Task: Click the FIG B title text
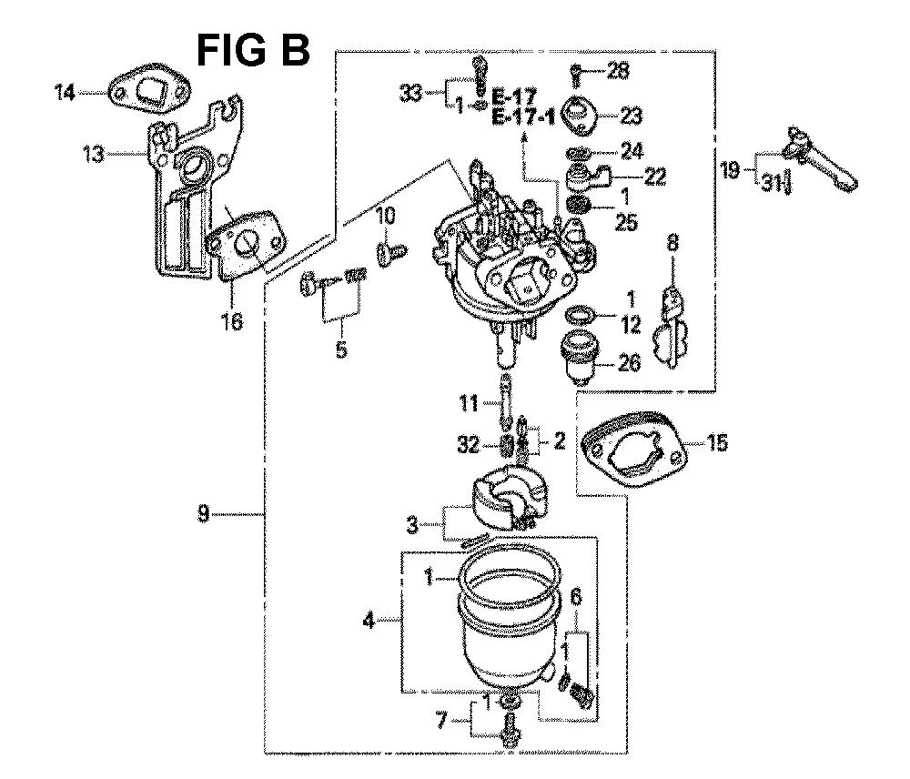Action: pyautogui.click(x=253, y=50)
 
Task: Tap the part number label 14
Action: pyautogui.click(x=65, y=92)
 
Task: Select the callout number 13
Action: pyautogui.click(x=94, y=155)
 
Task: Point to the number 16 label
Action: pyautogui.click(x=232, y=320)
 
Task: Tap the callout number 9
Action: pyautogui.click(x=203, y=514)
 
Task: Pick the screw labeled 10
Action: pyautogui.click(x=391, y=254)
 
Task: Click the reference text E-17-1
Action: pyautogui.click(x=523, y=117)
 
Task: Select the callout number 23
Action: pyautogui.click(x=631, y=116)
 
